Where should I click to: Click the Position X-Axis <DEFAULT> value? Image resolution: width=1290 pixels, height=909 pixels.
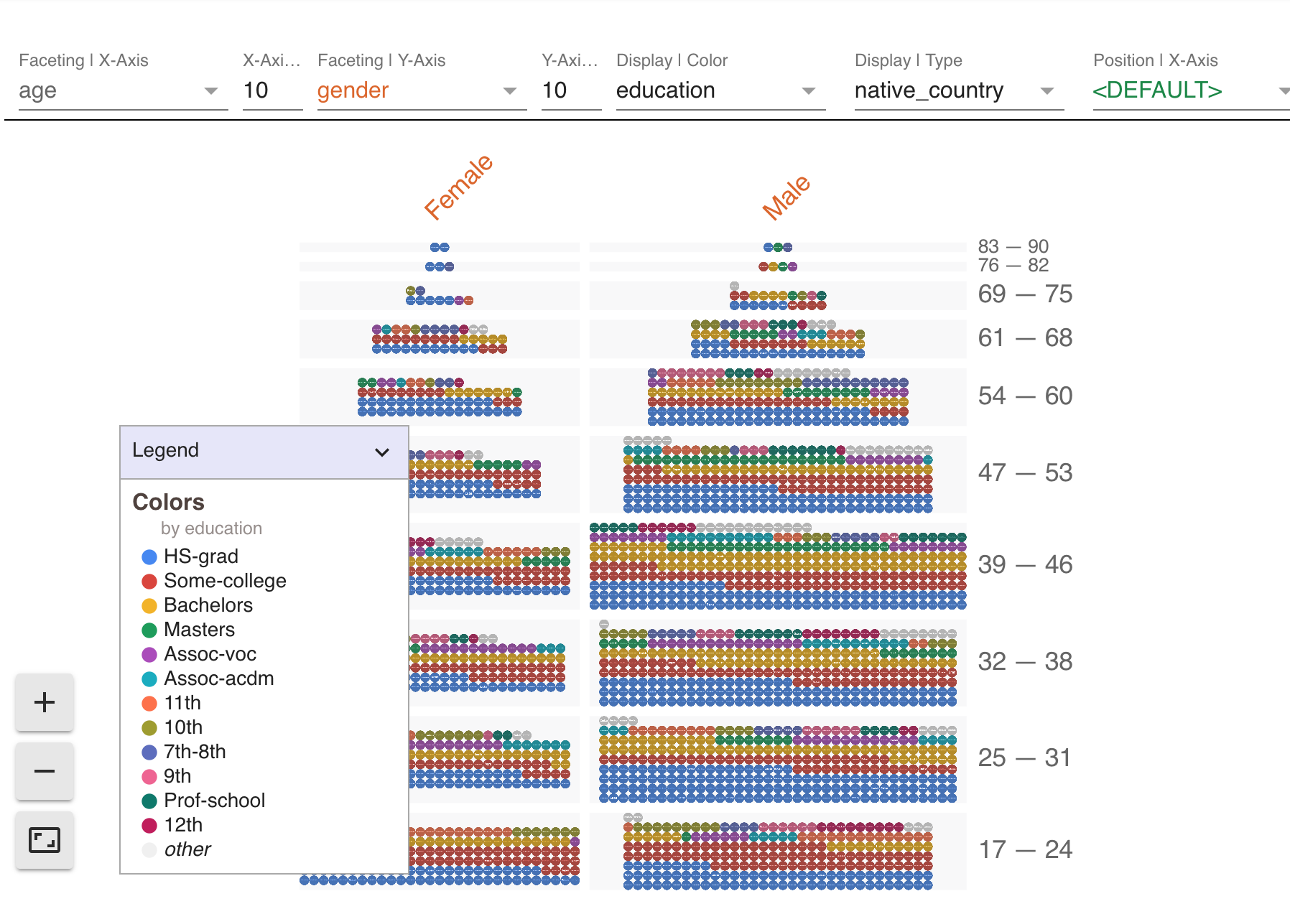click(x=1157, y=90)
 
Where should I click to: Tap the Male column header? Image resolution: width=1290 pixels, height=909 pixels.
click(x=786, y=197)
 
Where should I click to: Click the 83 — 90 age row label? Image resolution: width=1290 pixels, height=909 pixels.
click(x=1013, y=246)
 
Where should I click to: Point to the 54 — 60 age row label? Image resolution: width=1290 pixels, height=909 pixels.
click(x=1024, y=396)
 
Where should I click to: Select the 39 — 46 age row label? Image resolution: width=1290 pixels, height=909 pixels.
click(x=1024, y=564)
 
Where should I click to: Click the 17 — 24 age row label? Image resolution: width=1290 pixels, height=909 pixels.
click(x=1025, y=849)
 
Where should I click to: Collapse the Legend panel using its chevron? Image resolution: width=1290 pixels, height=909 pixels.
click(x=381, y=452)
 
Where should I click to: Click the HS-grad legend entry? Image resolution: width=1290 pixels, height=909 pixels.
click(x=200, y=556)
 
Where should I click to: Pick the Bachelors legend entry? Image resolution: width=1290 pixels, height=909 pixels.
click(x=208, y=605)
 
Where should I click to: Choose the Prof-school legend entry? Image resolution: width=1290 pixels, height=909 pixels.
click(x=214, y=801)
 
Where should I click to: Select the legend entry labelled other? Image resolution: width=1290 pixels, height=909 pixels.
click(x=187, y=849)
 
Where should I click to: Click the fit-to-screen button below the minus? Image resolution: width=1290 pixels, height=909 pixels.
click(x=45, y=839)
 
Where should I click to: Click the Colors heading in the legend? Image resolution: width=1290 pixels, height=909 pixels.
click(x=168, y=502)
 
